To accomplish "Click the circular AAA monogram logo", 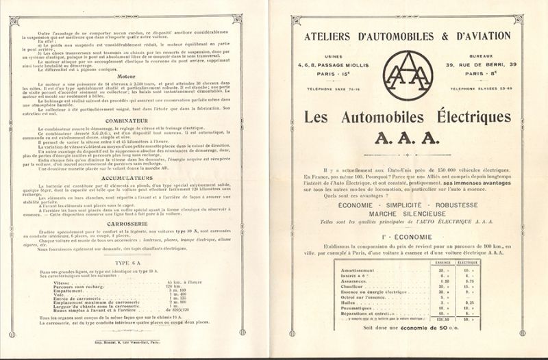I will click(408, 75).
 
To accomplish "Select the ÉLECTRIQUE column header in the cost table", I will click(467, 262).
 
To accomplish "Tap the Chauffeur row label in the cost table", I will click(352, 285).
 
